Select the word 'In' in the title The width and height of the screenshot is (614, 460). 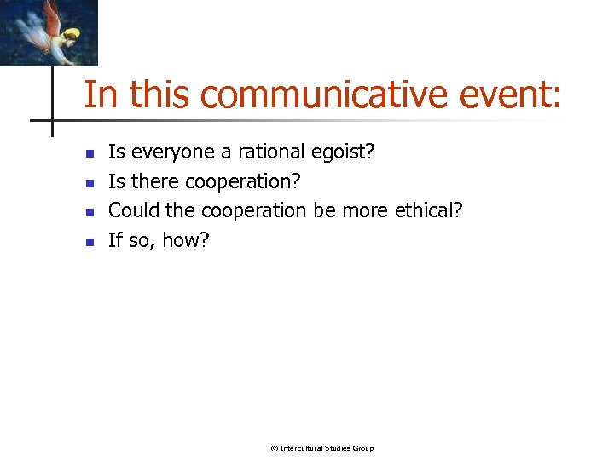click(101, 95)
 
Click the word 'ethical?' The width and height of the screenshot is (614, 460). click(429, 210)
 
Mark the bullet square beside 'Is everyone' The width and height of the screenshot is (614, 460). click(88, 154)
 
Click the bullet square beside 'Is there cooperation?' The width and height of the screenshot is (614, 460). click(88, 183)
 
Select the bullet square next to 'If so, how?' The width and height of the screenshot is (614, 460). click(88, 242)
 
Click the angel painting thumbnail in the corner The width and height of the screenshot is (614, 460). click(49, 32)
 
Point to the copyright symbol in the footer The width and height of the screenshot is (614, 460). click(274, 448)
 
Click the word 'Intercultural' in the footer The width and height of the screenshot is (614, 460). click(301, 448)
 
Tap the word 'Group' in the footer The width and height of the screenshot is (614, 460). click(362, 448)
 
